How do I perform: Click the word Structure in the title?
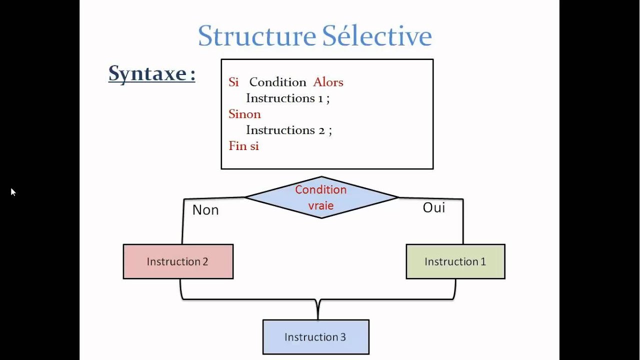(256, 36)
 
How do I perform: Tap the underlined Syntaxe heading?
(151, 73)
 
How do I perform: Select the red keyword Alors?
(328, 82)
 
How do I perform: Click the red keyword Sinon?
(244, 114)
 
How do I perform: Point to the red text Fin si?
(243, 146)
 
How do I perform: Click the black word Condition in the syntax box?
(277, 82)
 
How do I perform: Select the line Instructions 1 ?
(287, 98)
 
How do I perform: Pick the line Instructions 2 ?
(288, 130)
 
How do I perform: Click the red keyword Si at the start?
(233, 82)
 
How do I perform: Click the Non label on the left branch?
(205, 210)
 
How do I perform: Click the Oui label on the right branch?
(433, 207)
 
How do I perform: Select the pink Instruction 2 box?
(178, 261)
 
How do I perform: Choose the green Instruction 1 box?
(455, 261)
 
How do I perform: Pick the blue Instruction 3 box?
(315, 337)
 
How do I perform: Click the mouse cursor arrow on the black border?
(12, 191)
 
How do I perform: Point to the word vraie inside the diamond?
(321, 205)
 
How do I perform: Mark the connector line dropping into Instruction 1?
(463, 222)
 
